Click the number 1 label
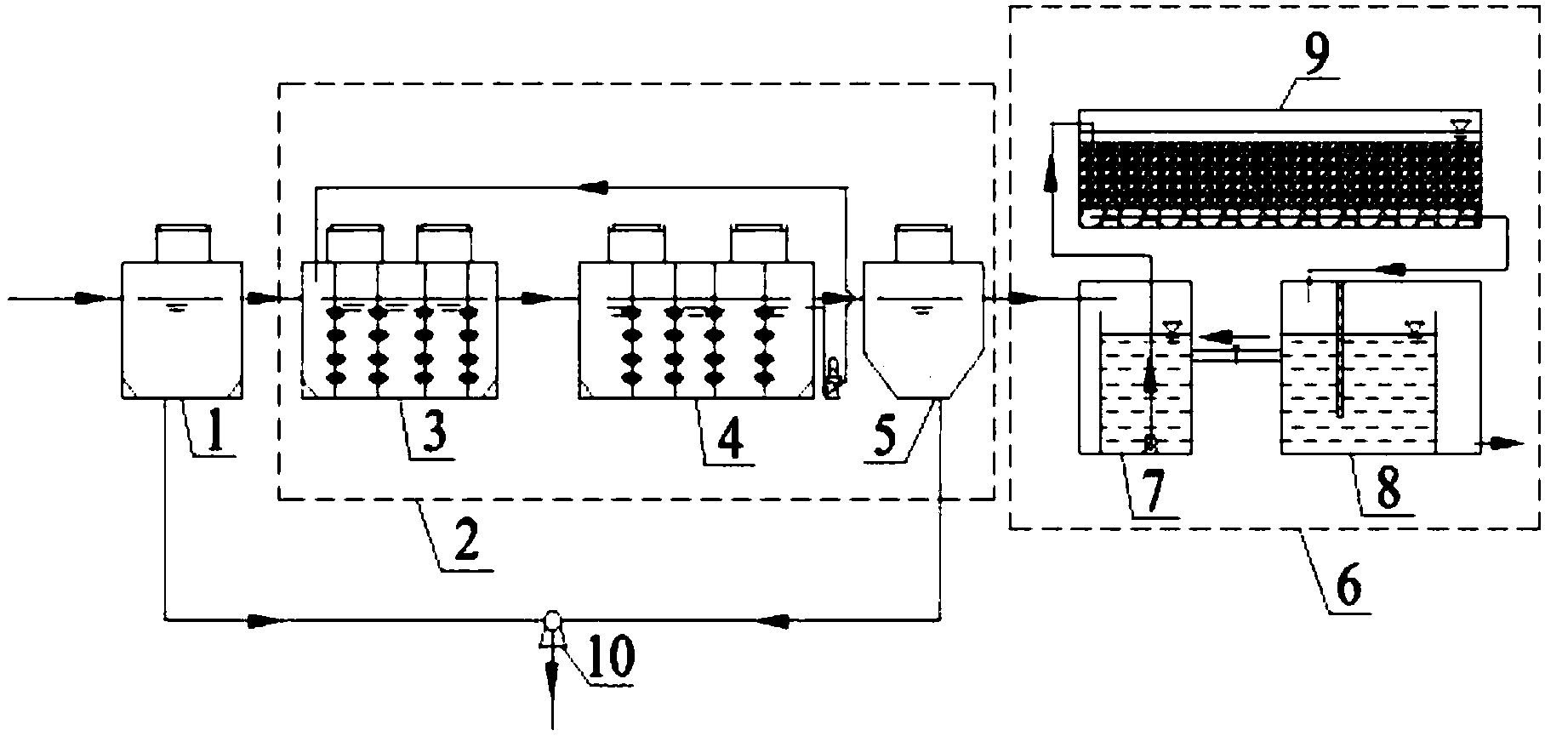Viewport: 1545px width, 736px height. [216, 434]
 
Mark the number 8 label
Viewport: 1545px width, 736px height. [1388, 488]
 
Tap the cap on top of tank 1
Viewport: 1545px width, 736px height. [183, 242]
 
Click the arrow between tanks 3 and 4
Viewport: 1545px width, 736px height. [538, 299]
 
